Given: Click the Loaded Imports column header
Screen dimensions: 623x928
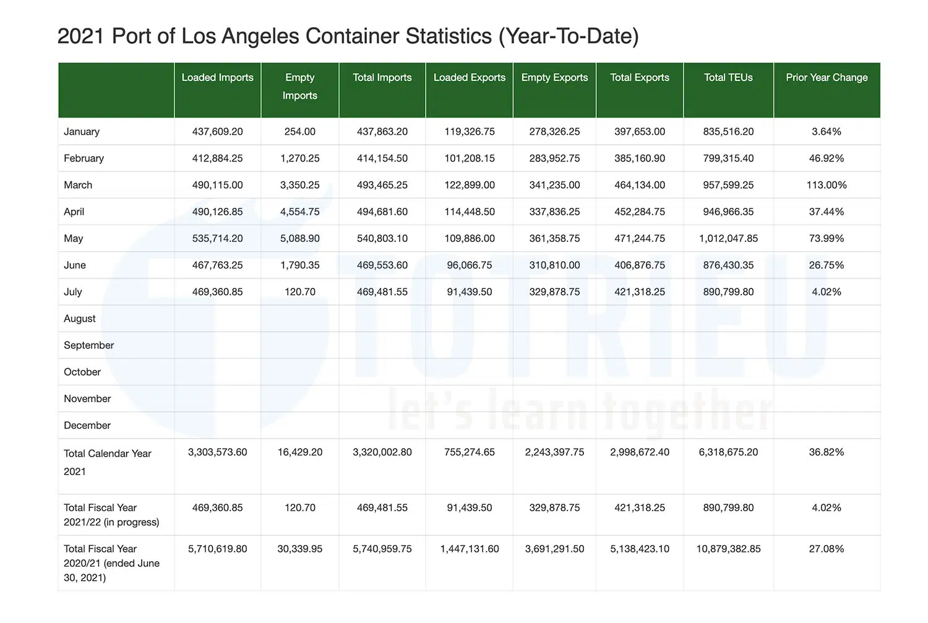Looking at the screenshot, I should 217,77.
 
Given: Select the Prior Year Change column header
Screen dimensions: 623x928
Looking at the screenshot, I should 827,77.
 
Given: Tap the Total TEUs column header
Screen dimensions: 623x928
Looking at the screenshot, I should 728,77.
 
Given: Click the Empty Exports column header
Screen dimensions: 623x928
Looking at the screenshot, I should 554,77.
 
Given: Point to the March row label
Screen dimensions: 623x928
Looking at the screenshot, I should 78,185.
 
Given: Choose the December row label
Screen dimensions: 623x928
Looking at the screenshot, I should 87,426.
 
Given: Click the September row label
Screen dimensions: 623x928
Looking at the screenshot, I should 89,345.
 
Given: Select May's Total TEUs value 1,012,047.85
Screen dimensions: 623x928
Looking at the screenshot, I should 728,238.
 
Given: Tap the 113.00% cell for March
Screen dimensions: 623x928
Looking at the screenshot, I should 827,185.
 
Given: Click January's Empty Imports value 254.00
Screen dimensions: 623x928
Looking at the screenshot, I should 300,132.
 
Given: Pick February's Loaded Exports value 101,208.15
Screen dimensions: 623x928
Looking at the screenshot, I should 470,158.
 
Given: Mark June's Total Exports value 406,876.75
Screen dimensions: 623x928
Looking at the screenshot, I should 640,265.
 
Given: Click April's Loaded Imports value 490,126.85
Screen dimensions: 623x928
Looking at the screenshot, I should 217,212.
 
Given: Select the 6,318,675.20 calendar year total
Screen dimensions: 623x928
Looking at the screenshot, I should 728,452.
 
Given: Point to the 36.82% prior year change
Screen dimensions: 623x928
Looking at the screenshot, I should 827,452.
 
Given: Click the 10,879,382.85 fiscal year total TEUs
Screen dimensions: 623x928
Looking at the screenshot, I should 728,549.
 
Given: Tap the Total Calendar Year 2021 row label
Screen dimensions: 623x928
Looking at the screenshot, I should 108,462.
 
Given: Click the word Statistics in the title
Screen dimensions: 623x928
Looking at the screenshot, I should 449,36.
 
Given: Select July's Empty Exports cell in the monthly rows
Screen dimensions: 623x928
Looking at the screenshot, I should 554,292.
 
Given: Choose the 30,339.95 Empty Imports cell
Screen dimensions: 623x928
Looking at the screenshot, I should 300,549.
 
